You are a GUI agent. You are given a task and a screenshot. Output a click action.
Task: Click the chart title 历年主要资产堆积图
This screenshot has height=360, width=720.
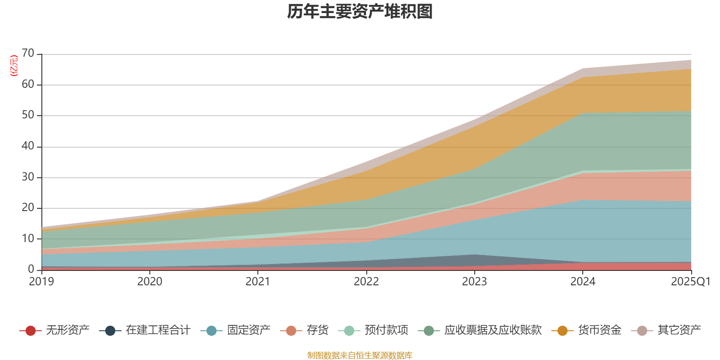tap(360, 12)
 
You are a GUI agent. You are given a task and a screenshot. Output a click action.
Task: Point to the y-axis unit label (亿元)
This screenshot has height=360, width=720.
tap(14, 66)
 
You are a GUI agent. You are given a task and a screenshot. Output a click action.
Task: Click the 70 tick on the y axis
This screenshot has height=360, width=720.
tap(28, 54)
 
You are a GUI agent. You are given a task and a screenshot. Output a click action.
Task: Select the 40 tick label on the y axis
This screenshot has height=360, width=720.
tap(28, 146)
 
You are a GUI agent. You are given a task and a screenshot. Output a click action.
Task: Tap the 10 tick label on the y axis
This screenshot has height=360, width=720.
tap(28, 238)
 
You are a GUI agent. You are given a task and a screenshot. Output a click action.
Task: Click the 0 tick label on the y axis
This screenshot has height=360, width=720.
tap(31, 269)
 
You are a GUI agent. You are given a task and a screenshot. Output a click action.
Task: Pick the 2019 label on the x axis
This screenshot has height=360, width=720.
tap(41, 282)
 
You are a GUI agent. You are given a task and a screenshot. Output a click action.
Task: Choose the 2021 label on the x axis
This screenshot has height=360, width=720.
tap(258, 282)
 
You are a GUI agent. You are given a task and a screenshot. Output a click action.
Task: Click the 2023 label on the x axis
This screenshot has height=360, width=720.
tap(475, 282)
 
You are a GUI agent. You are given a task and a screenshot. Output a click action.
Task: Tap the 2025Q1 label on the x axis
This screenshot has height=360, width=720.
tap(690, 282)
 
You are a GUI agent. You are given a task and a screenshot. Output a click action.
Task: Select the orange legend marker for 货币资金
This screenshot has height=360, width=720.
tap(562, 331)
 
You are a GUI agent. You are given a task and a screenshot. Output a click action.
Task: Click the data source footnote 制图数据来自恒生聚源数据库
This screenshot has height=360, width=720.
tap(360, 355)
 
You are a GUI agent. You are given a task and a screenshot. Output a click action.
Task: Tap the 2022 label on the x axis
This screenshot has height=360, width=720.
tap(366, 282)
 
